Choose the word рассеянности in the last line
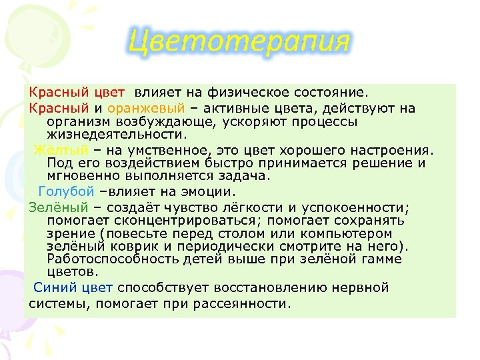coord(246,304)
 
